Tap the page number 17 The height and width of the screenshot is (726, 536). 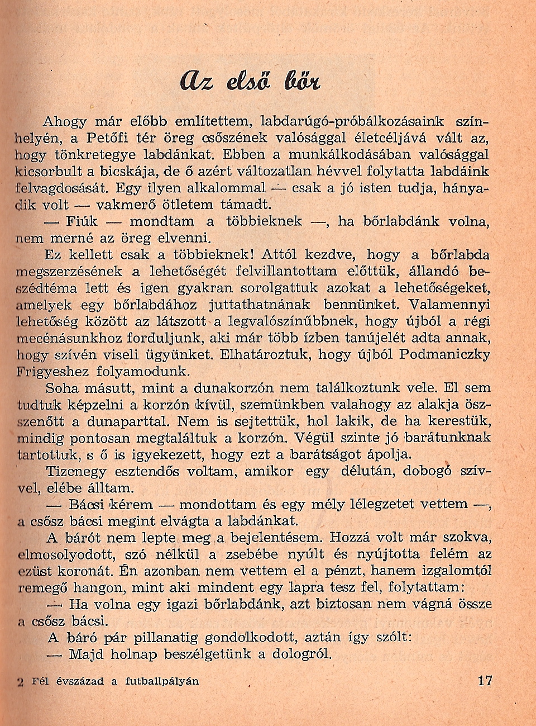486,681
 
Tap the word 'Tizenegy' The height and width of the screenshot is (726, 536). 74,471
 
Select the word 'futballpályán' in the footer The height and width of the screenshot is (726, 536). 162,681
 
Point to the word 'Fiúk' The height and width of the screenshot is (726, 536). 82,221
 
